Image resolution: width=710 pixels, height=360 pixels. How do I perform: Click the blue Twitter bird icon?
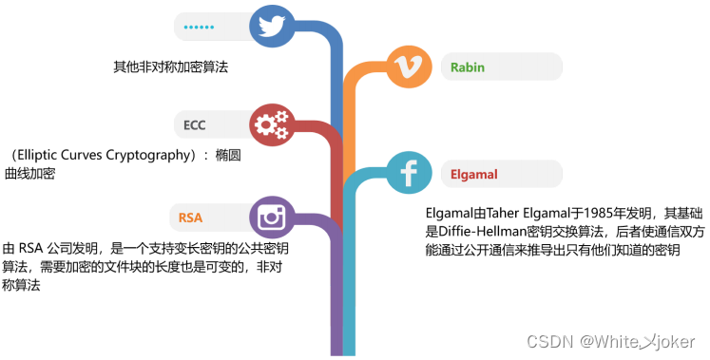tap(273, 27)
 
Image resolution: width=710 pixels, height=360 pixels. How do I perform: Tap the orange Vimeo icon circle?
tap(410, 66)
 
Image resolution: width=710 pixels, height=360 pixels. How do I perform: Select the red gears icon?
tap(273, 123)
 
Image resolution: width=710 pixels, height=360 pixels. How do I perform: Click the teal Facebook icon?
tap(410, 174)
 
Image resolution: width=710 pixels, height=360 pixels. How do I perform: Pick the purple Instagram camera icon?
tap(273, 218)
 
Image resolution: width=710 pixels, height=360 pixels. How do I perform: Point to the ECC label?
tap(195, 124)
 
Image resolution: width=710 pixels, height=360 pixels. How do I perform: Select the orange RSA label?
tap(190, 218)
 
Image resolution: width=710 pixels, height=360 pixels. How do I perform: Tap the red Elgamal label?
tap(474, 174)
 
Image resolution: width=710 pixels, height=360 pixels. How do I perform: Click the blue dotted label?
tap(199, 27)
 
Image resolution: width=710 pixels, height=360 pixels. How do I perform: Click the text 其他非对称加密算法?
tap(171, 67)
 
